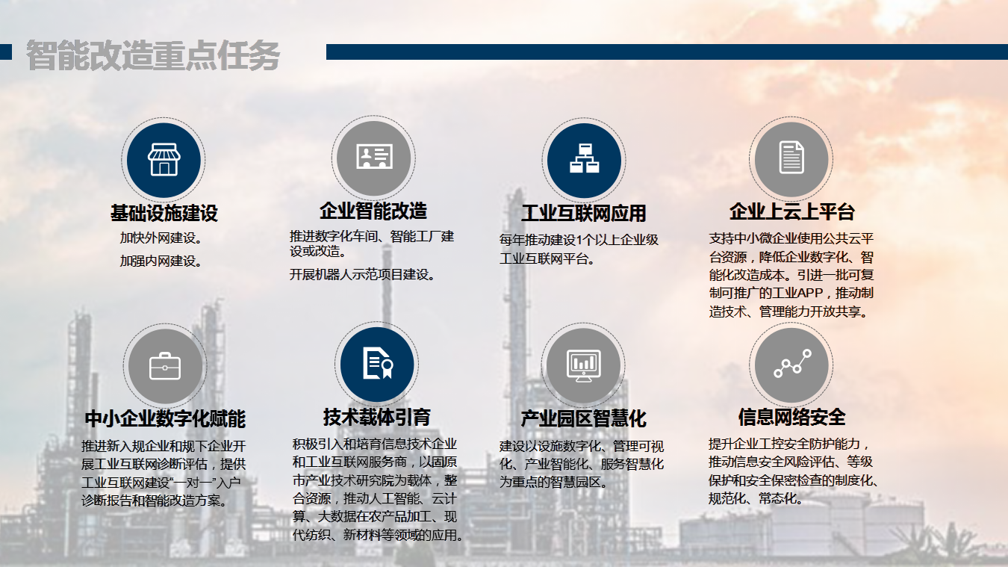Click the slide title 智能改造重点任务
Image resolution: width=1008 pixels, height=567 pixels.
point(153,55)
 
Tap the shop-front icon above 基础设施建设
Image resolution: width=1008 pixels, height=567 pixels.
point(164,159)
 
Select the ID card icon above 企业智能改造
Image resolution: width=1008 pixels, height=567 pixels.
point(374,156)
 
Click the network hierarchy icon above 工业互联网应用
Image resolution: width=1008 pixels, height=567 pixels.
point(584,158)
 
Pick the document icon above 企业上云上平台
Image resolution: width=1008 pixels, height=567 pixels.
point(791,157)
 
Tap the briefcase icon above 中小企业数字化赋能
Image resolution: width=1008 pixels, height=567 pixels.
point(165,366)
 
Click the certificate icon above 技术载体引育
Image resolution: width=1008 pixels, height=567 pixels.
point(378,363)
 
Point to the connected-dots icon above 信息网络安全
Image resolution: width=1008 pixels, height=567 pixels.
point(792,363)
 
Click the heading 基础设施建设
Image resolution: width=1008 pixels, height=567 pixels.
point(164,213)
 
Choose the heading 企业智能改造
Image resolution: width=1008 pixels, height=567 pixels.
point(373,211)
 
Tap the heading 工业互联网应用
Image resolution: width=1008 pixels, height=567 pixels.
point(584,213)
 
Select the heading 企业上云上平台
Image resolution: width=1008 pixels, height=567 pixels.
point(792,211)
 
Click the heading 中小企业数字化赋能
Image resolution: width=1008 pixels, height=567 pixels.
point(165,418)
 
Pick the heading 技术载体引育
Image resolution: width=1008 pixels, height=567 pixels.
point(376,417)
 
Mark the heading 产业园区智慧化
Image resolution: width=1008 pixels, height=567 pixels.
point(584,418)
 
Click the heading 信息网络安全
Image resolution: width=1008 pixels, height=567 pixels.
point(792,417)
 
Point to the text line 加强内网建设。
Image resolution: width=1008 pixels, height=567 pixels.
point(161,261)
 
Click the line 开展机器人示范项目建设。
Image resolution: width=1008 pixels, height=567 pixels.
point(363,274)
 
